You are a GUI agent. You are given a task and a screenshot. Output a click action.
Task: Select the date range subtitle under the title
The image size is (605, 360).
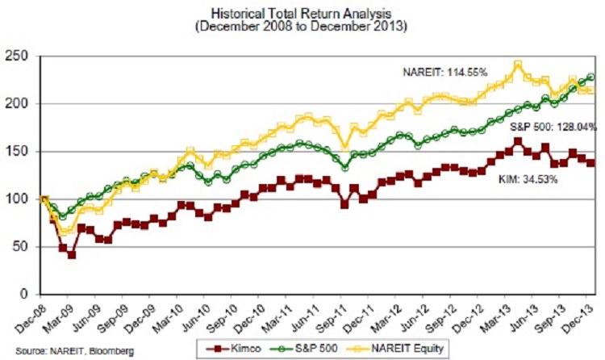coord(303,26)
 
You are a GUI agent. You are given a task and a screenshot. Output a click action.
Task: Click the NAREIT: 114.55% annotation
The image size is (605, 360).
coord(445,73)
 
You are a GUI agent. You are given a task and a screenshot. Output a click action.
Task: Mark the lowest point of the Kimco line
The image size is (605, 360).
coord(72,255)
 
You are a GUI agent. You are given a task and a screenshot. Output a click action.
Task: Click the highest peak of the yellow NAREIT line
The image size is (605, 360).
coord(518,64)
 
